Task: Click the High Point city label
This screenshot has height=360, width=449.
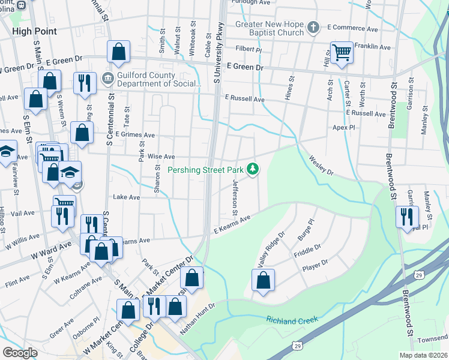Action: coord(34,31)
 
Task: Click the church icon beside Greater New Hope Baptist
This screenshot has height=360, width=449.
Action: coord(312,28)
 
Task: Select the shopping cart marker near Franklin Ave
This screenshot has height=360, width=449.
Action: coord(342,53)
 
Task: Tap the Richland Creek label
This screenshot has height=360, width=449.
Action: coord(292,321)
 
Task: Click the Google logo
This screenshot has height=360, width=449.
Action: coord(20,352)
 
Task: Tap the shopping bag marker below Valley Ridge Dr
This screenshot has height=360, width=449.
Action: coord(263,280)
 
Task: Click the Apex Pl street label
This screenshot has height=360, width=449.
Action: coord(345,128)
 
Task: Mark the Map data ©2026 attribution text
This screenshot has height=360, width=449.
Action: coord(423,355)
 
